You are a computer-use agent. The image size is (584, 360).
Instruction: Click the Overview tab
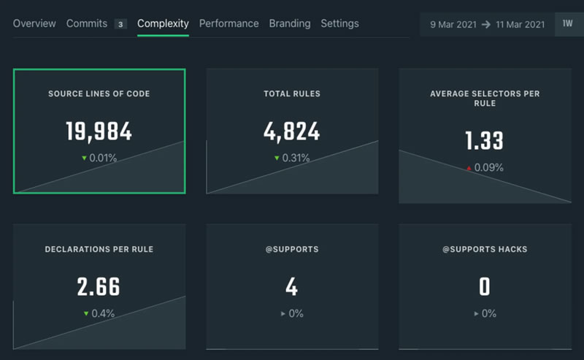(x=34, y=23)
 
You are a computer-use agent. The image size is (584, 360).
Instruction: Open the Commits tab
(x=87, y=23)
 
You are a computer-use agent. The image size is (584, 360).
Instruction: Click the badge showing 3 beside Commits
(x=120, y=24)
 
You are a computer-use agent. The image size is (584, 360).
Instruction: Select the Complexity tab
(x=163, y=23)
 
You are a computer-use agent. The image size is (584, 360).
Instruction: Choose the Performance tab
(x=228, y=23)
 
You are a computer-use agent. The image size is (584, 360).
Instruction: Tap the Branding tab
(x=289, y=23)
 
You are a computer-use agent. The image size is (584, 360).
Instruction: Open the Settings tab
(x=339, y=23)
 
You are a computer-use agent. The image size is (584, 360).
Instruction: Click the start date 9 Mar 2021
(x=453, y=24)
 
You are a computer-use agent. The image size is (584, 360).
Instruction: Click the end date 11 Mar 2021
(x=519, y=24)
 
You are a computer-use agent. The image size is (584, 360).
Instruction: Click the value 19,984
(x=99, y=131)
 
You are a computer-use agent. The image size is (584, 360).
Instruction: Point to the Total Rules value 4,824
(x=291, y=131)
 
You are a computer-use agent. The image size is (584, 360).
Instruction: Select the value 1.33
(x=484, y=141)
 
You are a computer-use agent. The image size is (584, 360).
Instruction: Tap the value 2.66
(x=99, y=287)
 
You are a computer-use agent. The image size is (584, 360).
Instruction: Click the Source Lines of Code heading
(x=99, y=94)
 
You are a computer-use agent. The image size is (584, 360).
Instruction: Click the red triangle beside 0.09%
(x=469, y=169)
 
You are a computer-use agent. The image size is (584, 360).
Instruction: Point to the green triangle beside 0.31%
(x=277, y=158)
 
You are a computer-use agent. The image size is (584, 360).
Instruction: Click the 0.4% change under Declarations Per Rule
(x=101, y=313)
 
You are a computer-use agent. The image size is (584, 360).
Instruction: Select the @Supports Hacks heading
(x=484, y=250)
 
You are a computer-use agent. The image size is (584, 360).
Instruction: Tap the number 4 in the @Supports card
(x=291, y=287)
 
